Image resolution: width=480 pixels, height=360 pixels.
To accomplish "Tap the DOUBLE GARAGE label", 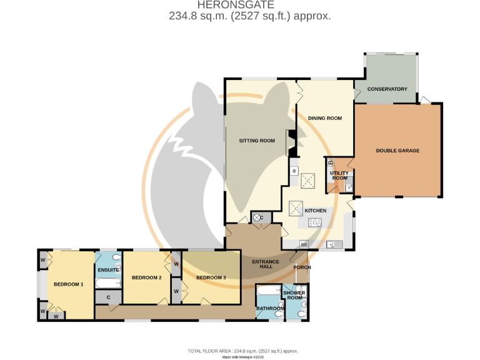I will click(x=397, y=151).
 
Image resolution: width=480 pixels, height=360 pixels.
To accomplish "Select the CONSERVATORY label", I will click(x=387, y=89).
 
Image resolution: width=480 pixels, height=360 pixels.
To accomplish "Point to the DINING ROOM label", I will click(x=324, y=118).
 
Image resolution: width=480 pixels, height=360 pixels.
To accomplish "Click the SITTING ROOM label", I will click(x=257, y=141).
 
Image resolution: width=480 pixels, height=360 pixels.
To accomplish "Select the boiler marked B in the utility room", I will click(x=331, y=164).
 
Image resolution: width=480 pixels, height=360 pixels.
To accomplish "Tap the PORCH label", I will click(x=302, y=268).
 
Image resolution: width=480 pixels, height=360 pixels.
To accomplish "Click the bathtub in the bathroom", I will click(x=269, y=291).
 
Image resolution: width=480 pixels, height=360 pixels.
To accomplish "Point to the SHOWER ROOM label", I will click(x=294, y=296).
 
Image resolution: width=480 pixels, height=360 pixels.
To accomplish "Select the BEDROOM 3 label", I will click(x=211, y=277).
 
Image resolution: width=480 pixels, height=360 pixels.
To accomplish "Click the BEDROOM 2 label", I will click(x=147, y=277).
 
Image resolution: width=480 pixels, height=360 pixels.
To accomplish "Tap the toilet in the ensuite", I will click(x=117, y=257).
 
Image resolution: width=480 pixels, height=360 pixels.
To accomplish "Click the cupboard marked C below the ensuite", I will click(x=108, y=297).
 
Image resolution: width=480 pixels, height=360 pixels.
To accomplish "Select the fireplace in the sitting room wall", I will click(x=291, y=142).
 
